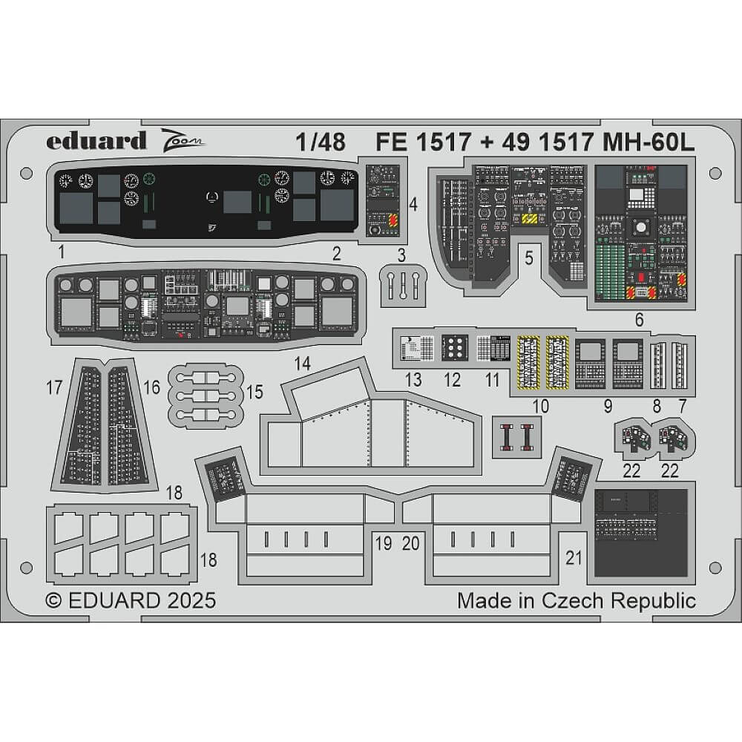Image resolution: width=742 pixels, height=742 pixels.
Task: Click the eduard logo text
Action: (96, 140)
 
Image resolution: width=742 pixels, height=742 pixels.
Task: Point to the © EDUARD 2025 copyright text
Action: (131, 600)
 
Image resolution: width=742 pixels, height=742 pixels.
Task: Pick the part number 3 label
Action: (401, 256)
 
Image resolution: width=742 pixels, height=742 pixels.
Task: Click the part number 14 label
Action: (302, 364)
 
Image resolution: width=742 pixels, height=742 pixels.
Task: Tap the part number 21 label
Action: (574, 559)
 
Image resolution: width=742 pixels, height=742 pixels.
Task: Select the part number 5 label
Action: (528, 258)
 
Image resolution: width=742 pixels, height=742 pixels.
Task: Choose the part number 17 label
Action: (53, 387)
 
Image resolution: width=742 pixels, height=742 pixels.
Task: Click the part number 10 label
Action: (540, 405)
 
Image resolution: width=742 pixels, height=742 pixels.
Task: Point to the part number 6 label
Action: (640, 321)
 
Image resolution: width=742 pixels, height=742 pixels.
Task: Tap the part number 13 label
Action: (413, 380)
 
